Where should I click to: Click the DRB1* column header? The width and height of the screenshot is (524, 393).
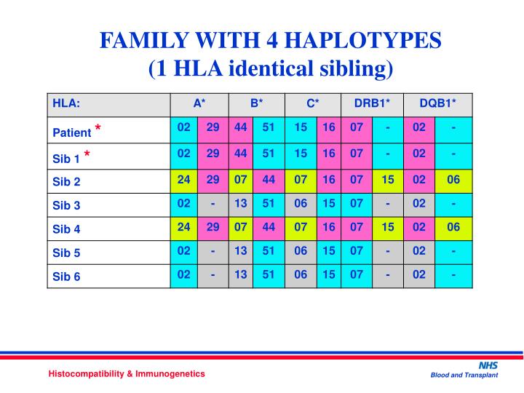(x=372, y=103)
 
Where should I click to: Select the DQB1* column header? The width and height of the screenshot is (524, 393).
(x=435, y=103)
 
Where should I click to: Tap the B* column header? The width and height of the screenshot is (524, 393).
(x=256, y=103)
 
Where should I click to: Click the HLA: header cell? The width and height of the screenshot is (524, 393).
(x=65, y=103)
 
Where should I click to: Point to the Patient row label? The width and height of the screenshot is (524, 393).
(x=71, y=132)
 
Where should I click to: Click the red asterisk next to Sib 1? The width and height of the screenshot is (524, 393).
(x=87, y=155)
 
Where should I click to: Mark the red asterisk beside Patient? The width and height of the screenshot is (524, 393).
(x=97, y=130)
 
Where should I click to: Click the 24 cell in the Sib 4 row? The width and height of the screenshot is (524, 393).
(x=183, y=227)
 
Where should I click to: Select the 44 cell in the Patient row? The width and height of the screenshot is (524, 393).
(x=240, y=127)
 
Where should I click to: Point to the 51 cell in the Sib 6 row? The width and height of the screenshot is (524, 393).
(x=269, y=275)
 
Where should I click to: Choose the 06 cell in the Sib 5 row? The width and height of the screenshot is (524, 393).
(x=301, y=251)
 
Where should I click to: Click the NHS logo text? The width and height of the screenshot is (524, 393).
(x=487, y=364)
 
